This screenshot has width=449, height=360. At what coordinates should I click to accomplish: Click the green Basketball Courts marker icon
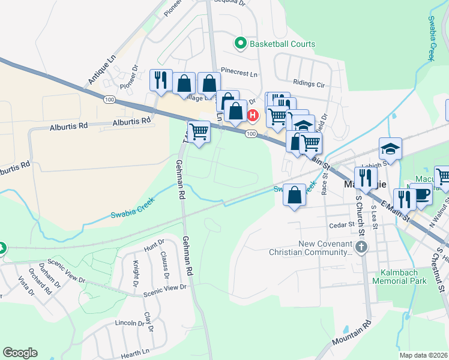[241, 43]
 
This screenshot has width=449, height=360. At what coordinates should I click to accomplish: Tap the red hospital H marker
[253, 115]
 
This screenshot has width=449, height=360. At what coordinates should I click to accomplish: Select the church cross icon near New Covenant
[361, 247]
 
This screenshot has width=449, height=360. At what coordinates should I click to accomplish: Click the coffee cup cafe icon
[423, 195]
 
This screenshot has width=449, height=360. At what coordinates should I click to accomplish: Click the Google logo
[20, 353]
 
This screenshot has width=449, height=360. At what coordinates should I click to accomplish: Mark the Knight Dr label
[136, 274]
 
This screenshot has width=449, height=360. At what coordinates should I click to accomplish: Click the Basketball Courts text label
[282, 44]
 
